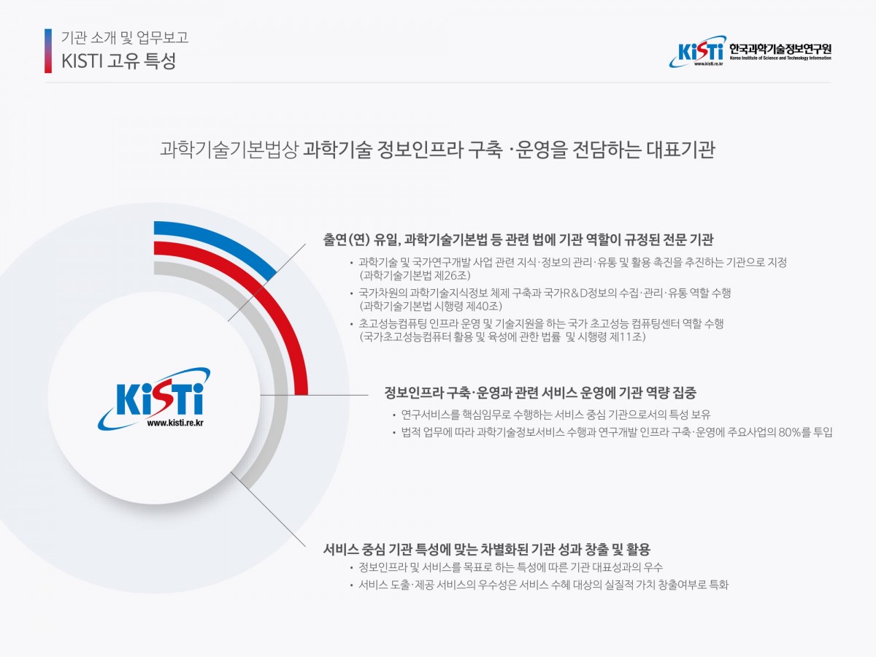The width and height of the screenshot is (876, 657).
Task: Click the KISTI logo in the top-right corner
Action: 696,51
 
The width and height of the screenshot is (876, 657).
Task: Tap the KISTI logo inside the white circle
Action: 154,399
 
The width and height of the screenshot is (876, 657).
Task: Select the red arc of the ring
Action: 280,315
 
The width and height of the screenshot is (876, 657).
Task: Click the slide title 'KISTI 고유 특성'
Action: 118,61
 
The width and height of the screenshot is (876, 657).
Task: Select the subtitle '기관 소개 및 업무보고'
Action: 125,37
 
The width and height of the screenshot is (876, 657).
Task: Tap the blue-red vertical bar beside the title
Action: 48,50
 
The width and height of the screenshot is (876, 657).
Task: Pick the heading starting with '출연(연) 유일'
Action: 518,239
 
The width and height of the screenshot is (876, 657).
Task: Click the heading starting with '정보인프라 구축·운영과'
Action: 540,393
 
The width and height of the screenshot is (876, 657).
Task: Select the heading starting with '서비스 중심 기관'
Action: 486,549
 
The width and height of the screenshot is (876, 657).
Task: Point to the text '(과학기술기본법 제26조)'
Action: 415,275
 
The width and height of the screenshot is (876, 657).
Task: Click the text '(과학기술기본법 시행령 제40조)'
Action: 431,306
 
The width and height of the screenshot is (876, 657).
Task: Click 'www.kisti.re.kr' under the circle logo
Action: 175,423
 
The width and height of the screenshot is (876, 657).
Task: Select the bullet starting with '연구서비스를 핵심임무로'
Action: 556,415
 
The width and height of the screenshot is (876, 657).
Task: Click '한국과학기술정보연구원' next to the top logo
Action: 780,49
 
